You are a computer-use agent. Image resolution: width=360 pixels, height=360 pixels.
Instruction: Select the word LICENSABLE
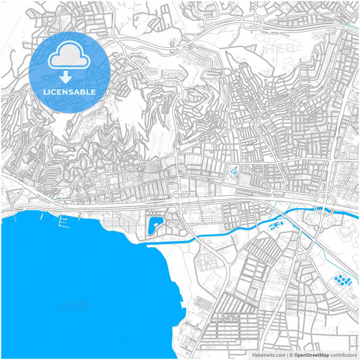coord(69,91)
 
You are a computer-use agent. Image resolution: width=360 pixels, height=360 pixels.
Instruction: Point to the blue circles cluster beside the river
coord(275,225)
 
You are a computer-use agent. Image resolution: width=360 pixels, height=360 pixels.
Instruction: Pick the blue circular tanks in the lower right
coord(342,280)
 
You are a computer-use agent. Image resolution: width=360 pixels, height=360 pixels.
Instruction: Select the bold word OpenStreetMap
coord(311,355)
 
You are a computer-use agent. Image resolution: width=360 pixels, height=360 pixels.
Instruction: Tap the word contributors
coord(344,355)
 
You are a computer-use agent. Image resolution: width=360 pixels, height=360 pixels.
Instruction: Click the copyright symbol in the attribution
coord(290,355)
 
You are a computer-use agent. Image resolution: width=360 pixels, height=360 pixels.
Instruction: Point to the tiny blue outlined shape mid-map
coord(234,172)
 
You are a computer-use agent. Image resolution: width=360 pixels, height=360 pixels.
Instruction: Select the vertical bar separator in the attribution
coord(286,355)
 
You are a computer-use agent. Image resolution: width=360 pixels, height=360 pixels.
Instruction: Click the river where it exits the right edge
coord(355,215)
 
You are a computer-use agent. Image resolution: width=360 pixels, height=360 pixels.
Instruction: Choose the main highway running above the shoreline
coord(135,202)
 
